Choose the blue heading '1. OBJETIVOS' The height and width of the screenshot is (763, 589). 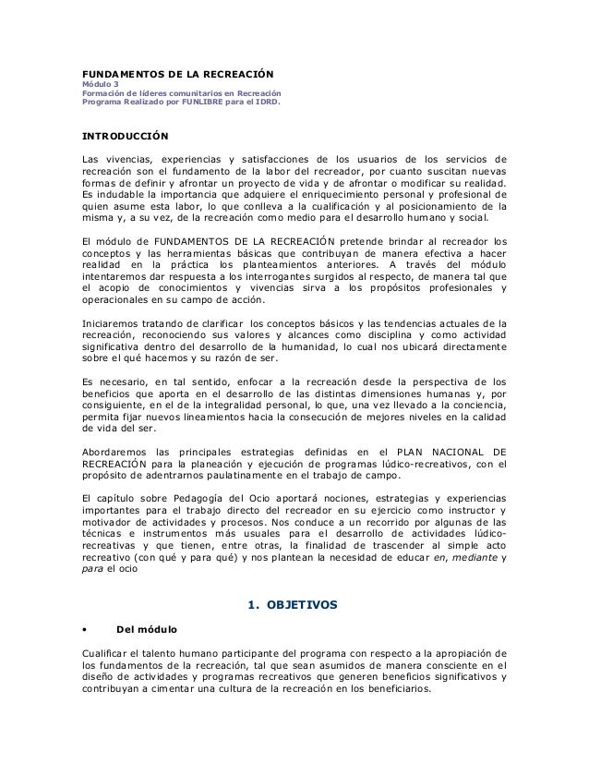(294, 606)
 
